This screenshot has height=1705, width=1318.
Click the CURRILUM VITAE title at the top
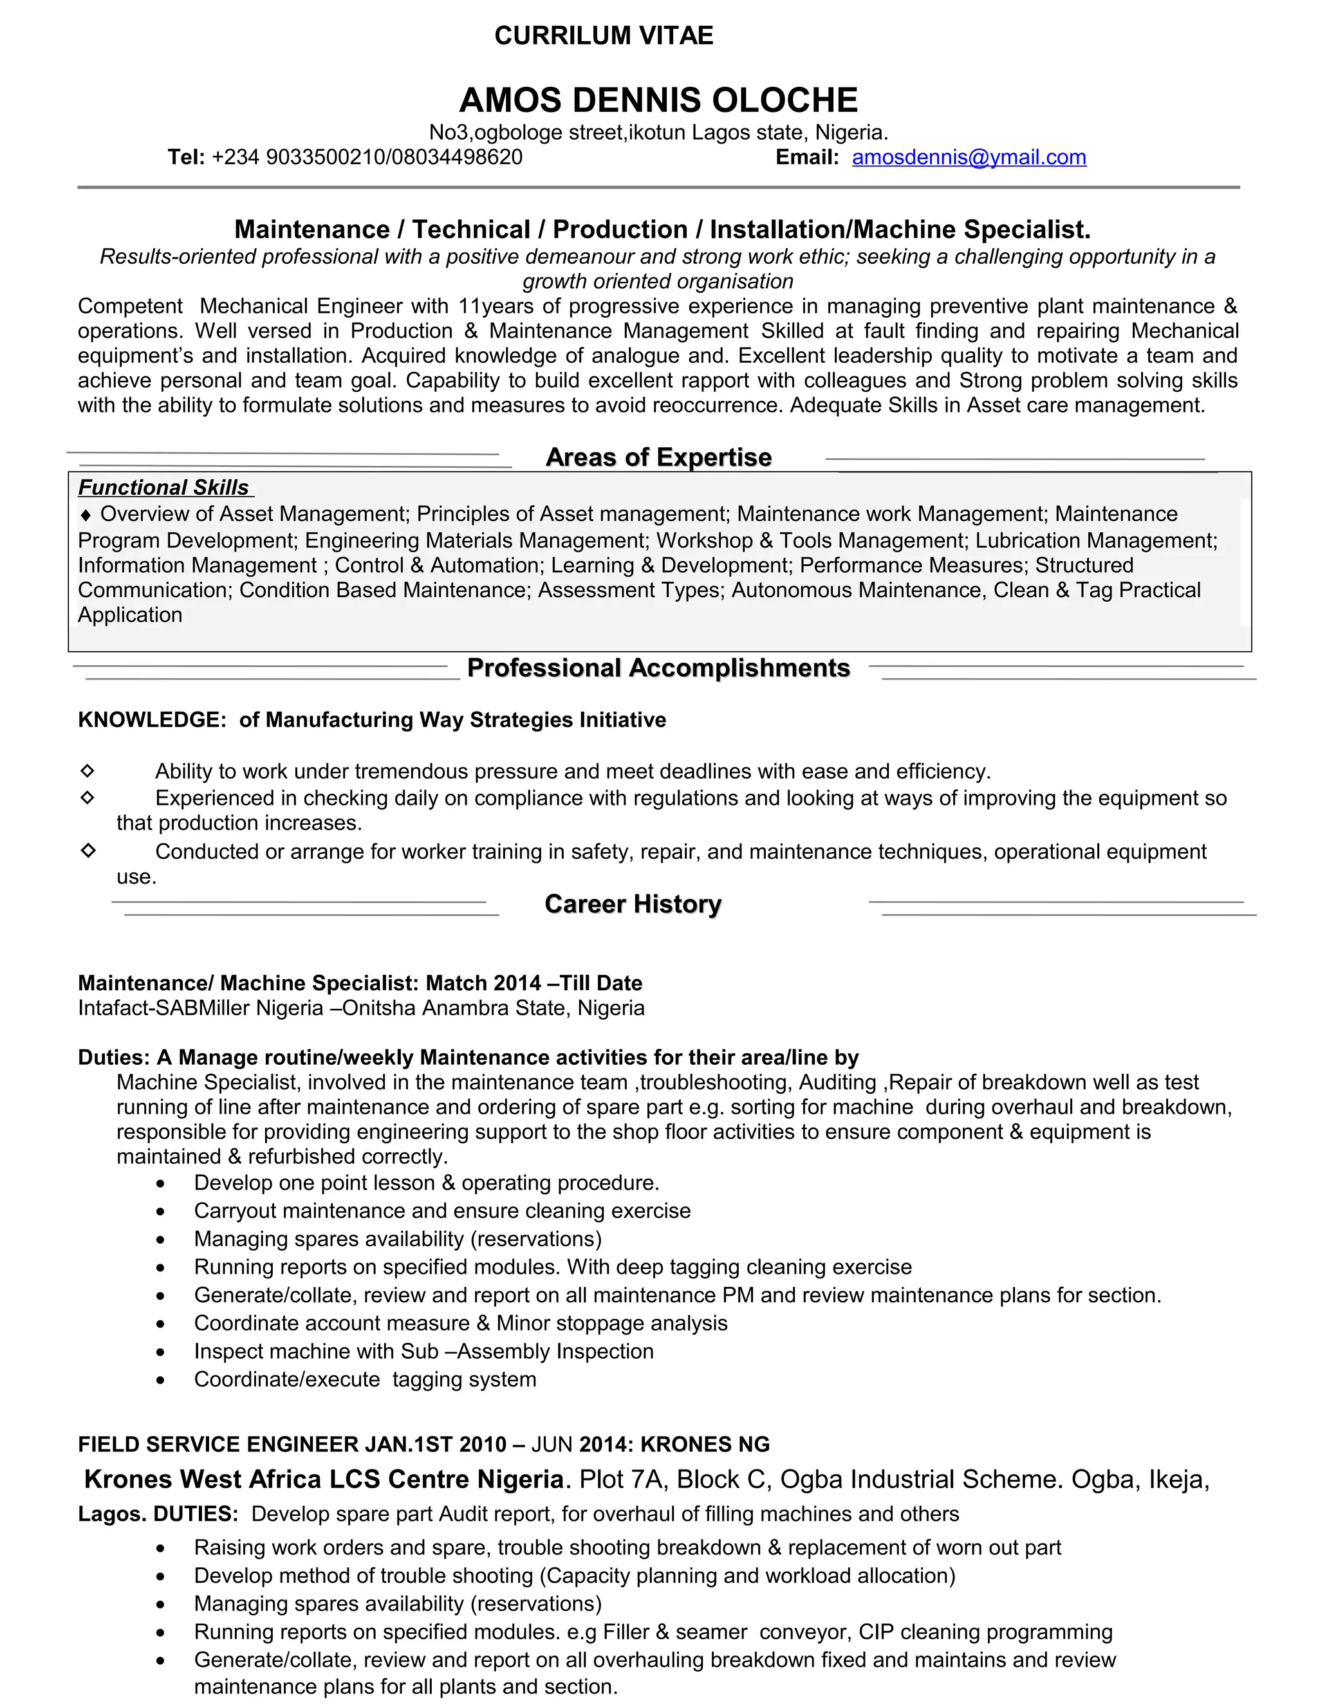(604, 36)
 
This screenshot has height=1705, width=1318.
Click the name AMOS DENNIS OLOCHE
(658, 100)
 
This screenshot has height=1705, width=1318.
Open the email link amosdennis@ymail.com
(968, 158)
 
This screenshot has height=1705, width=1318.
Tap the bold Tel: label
(186, 158)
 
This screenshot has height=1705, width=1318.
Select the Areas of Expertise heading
(658, 457)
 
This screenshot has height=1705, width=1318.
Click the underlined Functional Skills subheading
(164, 488)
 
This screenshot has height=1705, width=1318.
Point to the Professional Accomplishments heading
(658, 668)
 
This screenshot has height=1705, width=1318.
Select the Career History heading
(633, 904)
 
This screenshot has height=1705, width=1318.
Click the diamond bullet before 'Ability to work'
(88, 771)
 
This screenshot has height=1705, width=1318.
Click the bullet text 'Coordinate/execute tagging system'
(365, 1379)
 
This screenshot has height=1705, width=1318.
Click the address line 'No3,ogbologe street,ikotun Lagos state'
(611, 132)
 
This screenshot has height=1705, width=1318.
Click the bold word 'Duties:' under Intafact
(113, 1058)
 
